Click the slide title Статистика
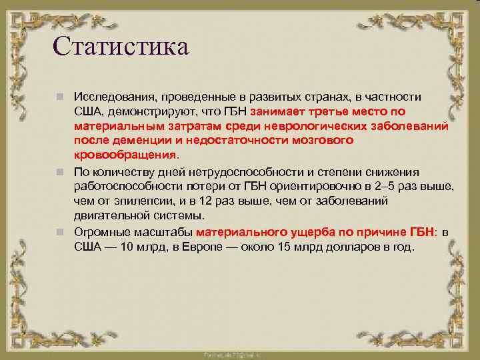tap(120, 46)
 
